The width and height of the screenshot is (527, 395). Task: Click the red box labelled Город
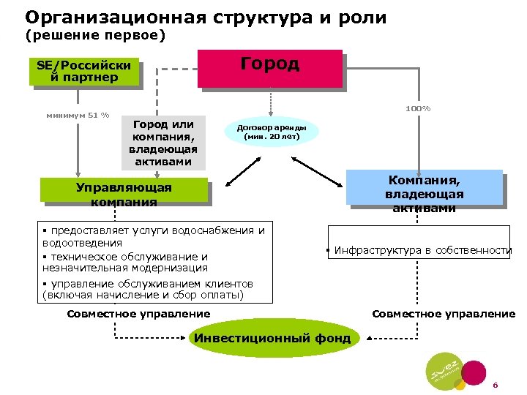pos(270,67)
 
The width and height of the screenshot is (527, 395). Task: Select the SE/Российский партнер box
pos(83,71)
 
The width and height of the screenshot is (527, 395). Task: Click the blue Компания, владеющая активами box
pos(424,192)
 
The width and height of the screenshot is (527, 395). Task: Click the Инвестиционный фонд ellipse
pos(272,338)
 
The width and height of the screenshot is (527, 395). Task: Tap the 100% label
pos(418,109)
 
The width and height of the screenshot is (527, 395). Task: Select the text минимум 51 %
pos(78,115)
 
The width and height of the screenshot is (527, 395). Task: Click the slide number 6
pos(495,385)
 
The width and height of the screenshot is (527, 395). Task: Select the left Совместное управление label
pos(138,314)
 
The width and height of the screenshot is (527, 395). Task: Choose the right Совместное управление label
pos(444,314)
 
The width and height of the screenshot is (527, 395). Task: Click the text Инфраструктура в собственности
pos(422,250)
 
